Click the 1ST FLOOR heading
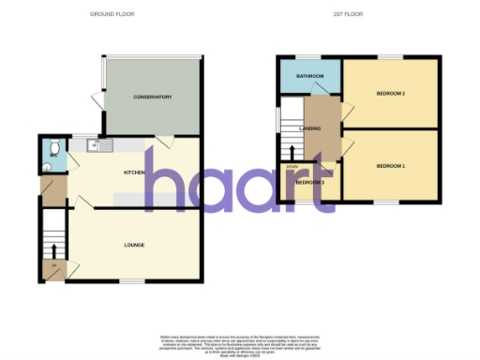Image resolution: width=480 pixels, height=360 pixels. [348, 15]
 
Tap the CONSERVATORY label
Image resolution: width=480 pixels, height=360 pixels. [152, 97]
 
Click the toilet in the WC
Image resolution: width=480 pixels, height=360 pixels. [53, 148]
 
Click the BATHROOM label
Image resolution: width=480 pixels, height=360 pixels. [309, 75]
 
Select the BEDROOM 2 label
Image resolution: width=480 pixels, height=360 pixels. [390, 93]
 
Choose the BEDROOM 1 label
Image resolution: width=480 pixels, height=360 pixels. [390, 166]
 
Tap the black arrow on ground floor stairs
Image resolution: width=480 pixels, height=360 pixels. [53, 249]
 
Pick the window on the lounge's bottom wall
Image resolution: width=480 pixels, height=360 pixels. [131, 281]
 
